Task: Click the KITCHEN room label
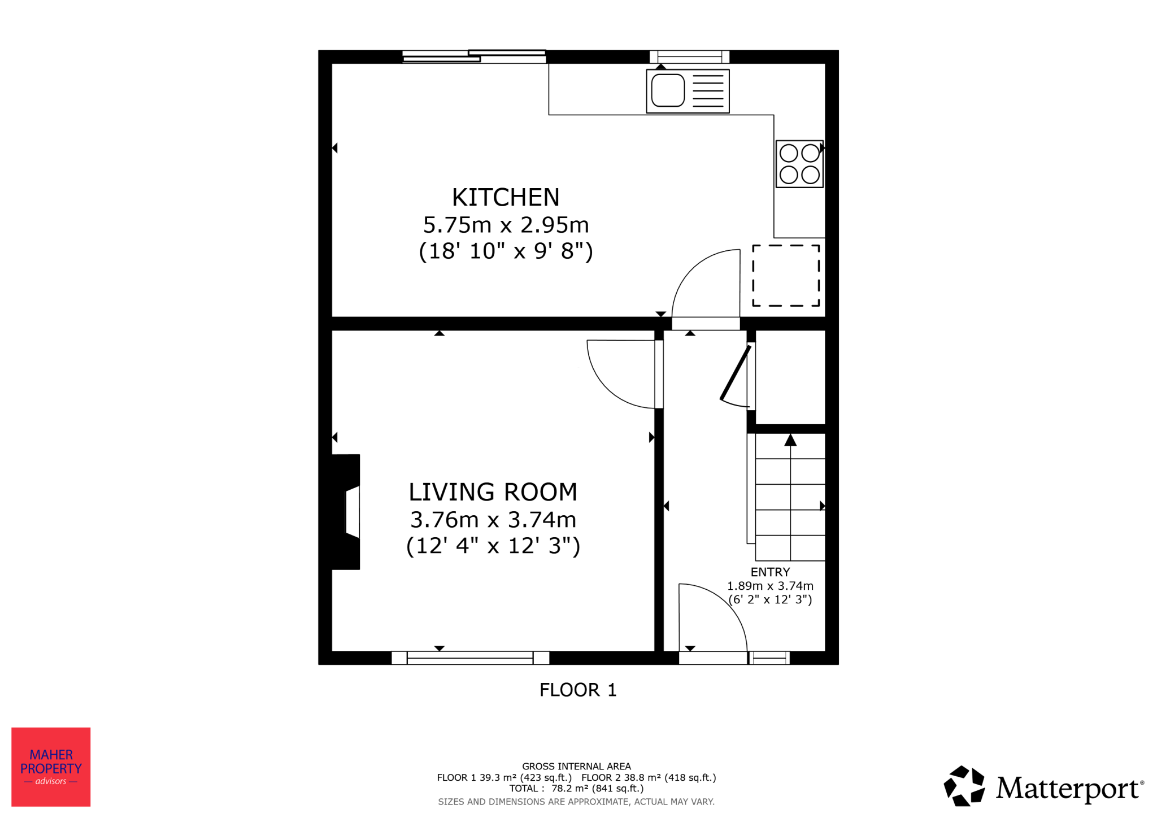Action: click(x=506, y=197)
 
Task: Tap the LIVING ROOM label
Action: click(x=493, y=492)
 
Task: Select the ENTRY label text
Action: click(x=770, y=572)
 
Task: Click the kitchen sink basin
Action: click(x=668, y=90)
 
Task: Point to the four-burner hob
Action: click(x=799, y=164)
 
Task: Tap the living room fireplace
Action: click(x=346, y=512)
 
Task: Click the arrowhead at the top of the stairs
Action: click(x=790, y=440)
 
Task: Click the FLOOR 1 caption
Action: click(x=578, y=690)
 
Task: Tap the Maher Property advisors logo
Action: click(x=51, y=767)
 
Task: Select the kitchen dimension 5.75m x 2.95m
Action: click(x=506, y=225)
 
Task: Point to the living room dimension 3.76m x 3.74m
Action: click(x=493, y=519)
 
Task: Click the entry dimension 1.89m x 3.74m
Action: click(x=770, y=586)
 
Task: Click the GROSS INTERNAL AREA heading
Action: click(x=576, y=767)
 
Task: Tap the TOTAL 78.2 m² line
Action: click(x=576, y=789)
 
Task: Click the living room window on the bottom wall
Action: click(x=470, y=658)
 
